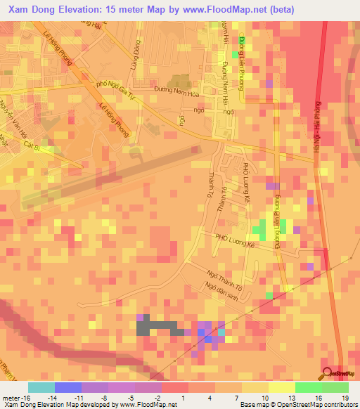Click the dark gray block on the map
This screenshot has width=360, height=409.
click(155, 326)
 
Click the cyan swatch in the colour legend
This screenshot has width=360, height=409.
click(41, 387)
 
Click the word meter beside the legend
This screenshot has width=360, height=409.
click(11, 397)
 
